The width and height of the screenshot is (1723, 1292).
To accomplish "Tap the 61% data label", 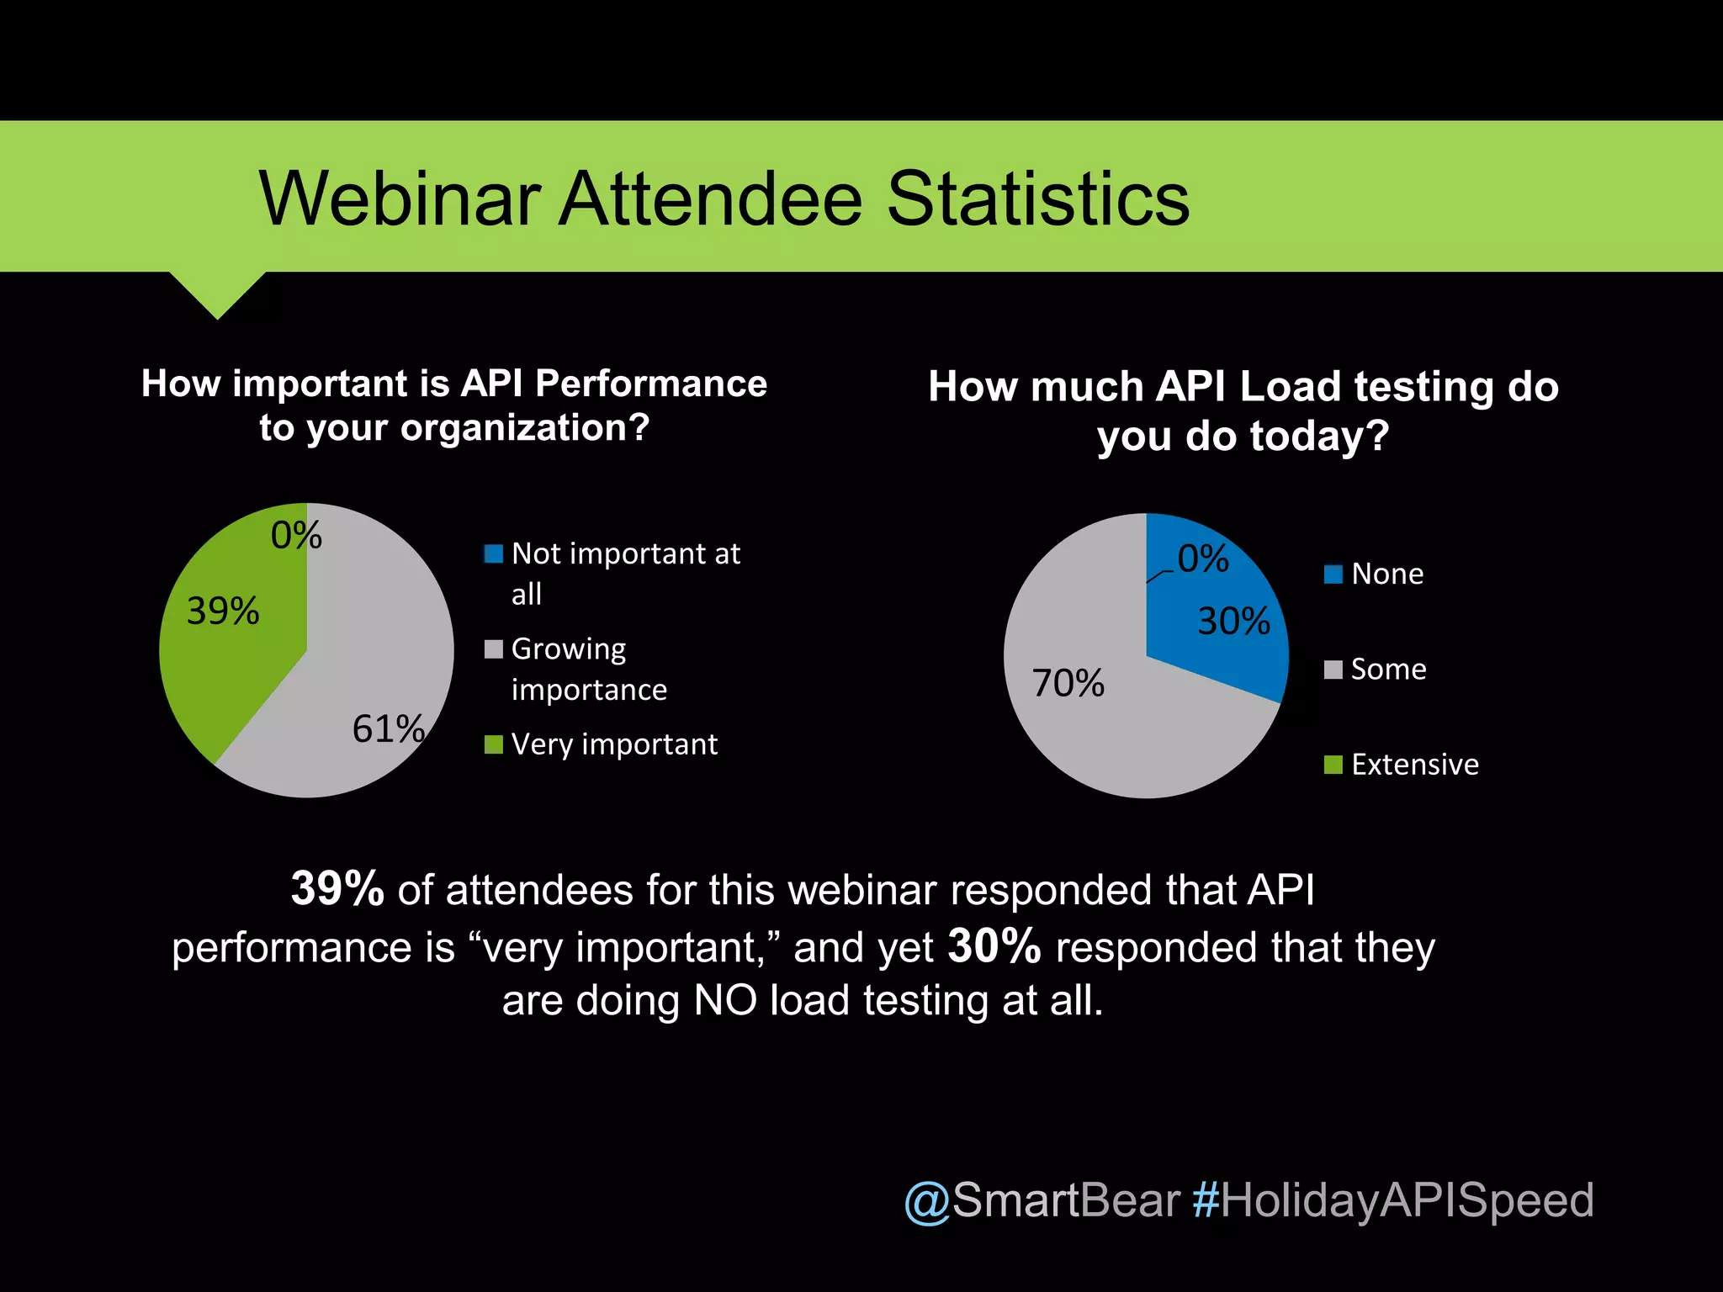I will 388,728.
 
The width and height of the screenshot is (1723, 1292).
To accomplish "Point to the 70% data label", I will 1068,683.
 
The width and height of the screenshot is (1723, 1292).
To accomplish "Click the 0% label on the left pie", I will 296,535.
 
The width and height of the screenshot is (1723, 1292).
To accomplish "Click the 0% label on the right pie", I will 1203,559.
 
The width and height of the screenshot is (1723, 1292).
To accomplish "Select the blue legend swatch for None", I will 1333,575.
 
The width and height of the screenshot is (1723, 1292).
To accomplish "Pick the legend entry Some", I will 1388,670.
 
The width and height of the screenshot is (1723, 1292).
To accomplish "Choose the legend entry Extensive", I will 1414,765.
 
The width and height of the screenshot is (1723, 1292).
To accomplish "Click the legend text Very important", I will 614,744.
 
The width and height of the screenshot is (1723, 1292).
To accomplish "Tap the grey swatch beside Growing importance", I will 494,649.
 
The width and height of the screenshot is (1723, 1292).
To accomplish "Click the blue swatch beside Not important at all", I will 494,554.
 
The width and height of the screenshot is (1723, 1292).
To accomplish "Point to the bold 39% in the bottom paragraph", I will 337,888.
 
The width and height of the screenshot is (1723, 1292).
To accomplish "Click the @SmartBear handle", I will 1042,1199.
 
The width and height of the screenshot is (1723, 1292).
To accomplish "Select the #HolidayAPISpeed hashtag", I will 1393,1199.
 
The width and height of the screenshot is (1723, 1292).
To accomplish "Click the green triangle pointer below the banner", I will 217,290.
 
